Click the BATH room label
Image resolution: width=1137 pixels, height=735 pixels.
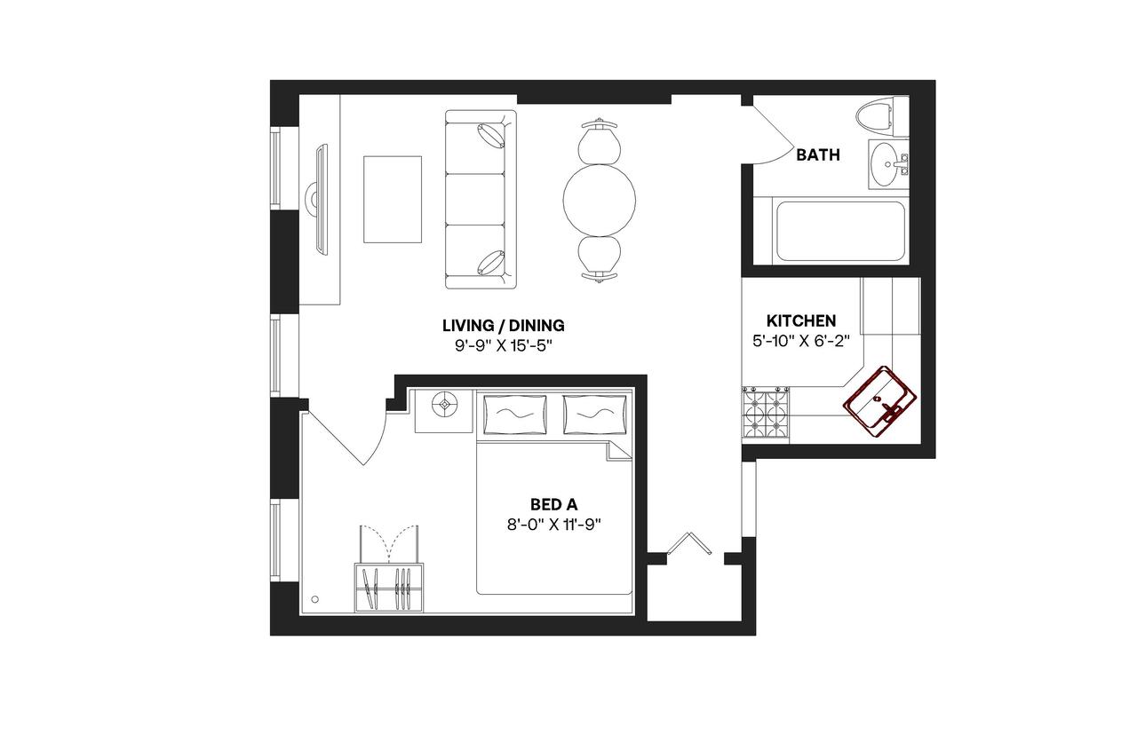pyautogui.click(x=817, y=155)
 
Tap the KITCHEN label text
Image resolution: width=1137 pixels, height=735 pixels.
pyautogui.click(x=801, y=320)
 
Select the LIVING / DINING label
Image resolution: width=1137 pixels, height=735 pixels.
pyautogui.click(x=504, y=325)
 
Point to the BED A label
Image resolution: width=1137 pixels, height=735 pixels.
pyautogui.click(x=553, y=505)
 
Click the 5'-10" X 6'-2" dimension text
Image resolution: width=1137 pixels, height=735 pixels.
pyautogui.click(x=801, y=339)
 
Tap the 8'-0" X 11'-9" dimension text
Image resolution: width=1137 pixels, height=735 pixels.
pyautogui.click(x=553, y=524)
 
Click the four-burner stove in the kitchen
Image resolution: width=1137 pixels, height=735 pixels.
pyautogui.click(x=766, y=414)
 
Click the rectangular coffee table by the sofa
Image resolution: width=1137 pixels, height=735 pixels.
pyautogui.click(x=392, y=199)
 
